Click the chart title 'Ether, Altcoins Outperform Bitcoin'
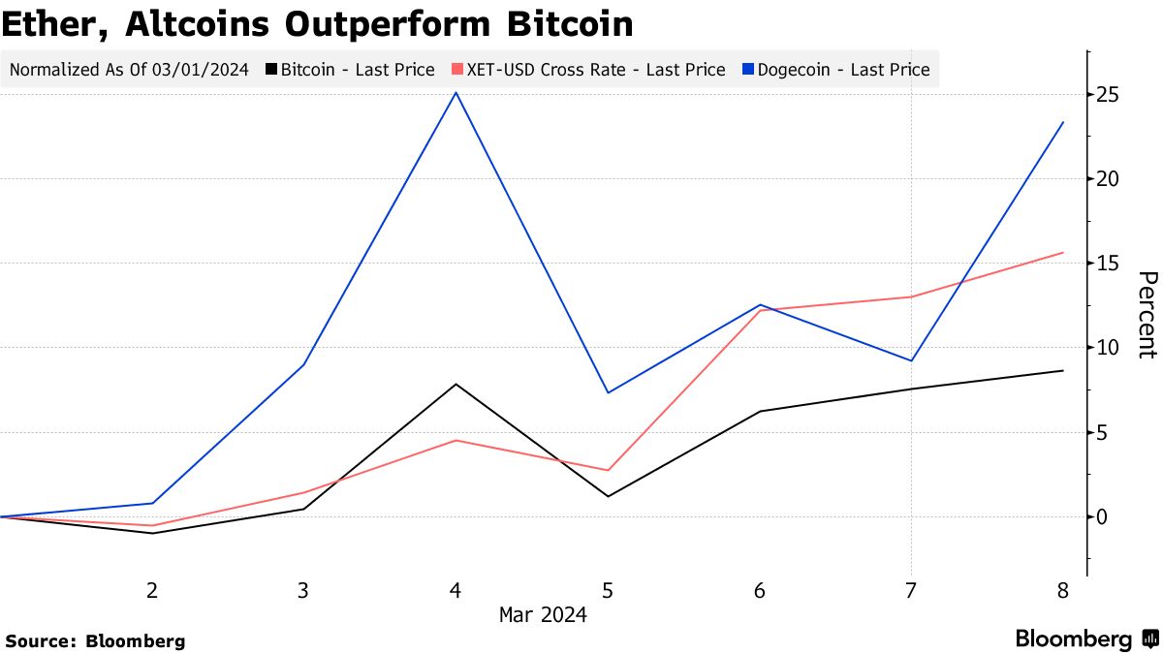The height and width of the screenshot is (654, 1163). [x=317, y=24]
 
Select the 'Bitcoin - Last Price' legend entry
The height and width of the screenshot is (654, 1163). [x=351, y=70]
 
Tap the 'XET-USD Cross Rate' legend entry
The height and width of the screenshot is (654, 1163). [x=588, y=70]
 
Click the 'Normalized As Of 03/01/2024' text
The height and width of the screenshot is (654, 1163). [x=128, y=70]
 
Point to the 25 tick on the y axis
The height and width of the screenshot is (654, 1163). [x=1108, y=95]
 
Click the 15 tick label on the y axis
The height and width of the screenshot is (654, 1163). [x=1108, y=264]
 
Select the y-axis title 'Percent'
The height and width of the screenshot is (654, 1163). [x=1146, y=315]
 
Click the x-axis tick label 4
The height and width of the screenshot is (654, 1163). [x=456, y=591]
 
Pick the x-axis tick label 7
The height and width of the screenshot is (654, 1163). [x=911, y=591]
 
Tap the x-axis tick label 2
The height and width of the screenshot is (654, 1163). [x=152, y=591]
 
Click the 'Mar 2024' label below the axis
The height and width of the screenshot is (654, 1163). [x=543, y=614]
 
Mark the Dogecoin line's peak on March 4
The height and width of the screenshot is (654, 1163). [x=456, y=93]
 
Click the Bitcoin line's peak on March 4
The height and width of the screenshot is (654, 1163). [x=456, y=385]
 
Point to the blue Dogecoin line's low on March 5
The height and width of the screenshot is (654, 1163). [x=608, y=392]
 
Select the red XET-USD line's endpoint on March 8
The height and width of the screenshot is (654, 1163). [x=1063, y=253]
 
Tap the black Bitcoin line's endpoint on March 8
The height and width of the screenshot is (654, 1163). [x=1063, y=371]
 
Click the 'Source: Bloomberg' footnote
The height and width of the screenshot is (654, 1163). [x=95, y=640]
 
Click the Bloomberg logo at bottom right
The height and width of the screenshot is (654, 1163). [x=1085, y=639]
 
